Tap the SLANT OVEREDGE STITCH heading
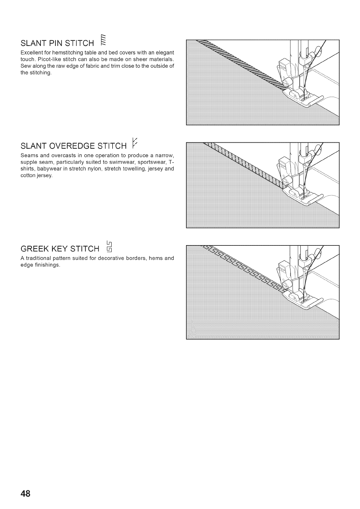tap(73, 146)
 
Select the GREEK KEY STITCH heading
tap(60, 249)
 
